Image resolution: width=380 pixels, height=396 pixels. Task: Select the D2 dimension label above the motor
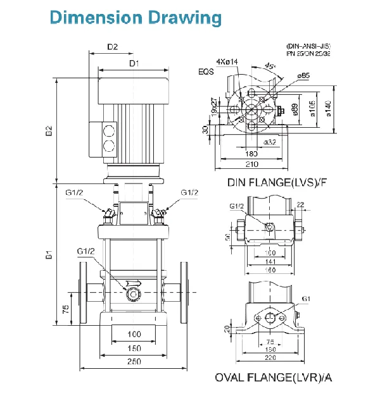[x=112, y=46]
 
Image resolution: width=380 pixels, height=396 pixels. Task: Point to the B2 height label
[x=48, y=132]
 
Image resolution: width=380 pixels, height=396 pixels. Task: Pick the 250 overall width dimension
[x=134, y=361]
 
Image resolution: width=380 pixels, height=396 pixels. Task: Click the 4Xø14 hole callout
[x=226, y=61]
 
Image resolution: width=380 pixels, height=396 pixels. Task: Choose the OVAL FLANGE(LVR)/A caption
[x=274, y=378]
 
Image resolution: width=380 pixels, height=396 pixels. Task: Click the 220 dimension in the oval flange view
[x=270, y=357]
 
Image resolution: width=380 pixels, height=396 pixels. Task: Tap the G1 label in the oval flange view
[x=306, y=299]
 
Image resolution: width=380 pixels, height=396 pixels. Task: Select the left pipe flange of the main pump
[x=84, y=292]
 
